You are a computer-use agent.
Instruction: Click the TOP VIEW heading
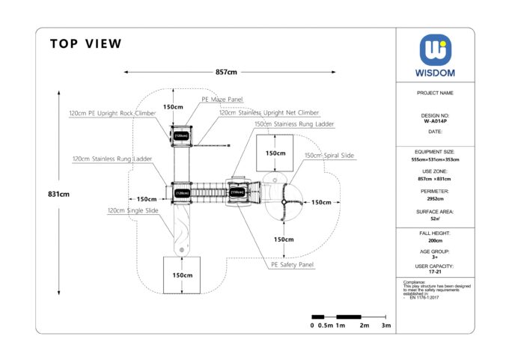85,44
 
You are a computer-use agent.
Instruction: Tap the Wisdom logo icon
435,50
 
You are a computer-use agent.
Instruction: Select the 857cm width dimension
226,72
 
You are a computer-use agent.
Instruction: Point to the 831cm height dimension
58,194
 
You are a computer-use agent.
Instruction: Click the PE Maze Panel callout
222,99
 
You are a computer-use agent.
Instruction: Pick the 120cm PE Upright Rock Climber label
112,113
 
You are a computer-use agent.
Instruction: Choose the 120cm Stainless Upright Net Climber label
269,112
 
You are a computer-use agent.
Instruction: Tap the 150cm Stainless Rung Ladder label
293,123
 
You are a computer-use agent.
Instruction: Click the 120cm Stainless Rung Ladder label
112,159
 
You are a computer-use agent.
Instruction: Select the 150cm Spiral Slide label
329,156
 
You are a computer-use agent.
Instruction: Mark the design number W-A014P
435,120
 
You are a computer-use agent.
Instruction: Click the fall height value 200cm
435,242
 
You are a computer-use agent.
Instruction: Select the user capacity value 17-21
435,271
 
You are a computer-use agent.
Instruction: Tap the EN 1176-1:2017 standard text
424,298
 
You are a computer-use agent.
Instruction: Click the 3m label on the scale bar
386,326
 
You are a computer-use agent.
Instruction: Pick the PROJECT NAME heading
435,93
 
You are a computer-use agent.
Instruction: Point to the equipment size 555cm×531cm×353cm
435,159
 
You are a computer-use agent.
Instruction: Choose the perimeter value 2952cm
435,199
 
